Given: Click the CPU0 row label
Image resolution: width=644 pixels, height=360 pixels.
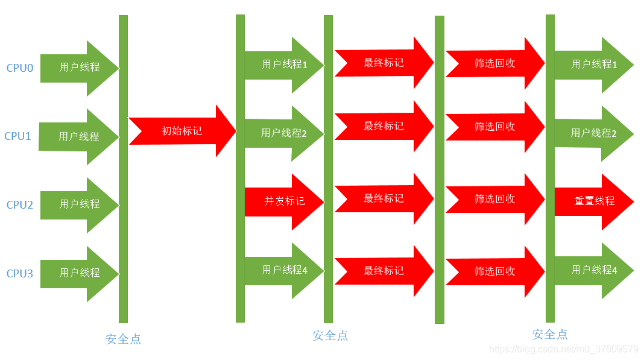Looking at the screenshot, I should coord(20,68).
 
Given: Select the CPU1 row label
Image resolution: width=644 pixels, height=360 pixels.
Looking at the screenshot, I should coord(18,136).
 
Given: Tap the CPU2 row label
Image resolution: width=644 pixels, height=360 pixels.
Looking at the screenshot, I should coord(20,205).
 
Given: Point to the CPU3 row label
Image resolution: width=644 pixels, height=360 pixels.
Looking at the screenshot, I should coord(20,274).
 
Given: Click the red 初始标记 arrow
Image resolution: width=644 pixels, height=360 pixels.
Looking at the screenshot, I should coord(182,131).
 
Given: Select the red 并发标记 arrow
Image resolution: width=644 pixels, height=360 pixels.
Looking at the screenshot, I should coord(284,201).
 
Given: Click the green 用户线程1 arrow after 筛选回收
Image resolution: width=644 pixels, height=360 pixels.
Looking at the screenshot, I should coord(593,64).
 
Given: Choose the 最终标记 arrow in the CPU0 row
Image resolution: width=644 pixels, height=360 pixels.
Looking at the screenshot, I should coord(384,63).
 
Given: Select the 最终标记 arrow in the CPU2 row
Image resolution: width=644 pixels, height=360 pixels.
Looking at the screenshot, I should coord(384,199).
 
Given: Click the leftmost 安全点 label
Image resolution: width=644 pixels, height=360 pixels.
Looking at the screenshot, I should coord(123,339).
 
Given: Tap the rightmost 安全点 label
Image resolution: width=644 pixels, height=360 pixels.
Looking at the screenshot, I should coord(550,334).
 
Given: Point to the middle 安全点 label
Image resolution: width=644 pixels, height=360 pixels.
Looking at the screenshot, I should coord(330,336).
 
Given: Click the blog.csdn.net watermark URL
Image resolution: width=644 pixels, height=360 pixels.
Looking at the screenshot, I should coord(563,349).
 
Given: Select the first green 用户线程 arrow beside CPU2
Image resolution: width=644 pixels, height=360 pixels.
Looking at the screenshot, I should coord(79,205).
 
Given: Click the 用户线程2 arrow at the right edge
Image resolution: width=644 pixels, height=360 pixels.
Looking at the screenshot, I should coord(593,133).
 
